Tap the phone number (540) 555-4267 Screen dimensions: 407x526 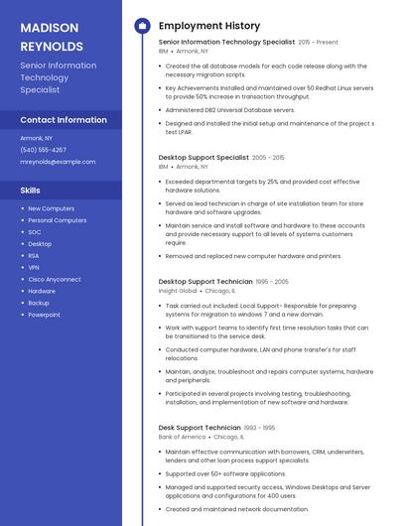coord(43,150)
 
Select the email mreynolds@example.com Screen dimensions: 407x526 coord(58,162)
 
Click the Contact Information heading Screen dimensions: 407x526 coord(64,120)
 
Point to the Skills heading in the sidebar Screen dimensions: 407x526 coord(30,190)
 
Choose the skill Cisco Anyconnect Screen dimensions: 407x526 coord(55,279)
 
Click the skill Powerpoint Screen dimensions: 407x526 coord(44,315)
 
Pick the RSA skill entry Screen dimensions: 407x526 coord(34,255)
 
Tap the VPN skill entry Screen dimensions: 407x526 coord(34,267)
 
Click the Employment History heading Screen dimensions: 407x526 coord(208,26)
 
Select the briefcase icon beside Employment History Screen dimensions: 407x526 coord(142,26)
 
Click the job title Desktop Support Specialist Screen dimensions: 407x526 coord(203,157)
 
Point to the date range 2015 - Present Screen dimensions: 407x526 coord(318,43)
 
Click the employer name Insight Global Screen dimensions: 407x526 coord(178,292)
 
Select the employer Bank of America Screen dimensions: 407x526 coord(182,437)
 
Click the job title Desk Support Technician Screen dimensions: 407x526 coord(200,428)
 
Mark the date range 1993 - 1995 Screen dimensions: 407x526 coord(260,428)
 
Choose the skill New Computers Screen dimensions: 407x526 coord(51,208)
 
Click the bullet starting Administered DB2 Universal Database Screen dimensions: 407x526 coord(229,110)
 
